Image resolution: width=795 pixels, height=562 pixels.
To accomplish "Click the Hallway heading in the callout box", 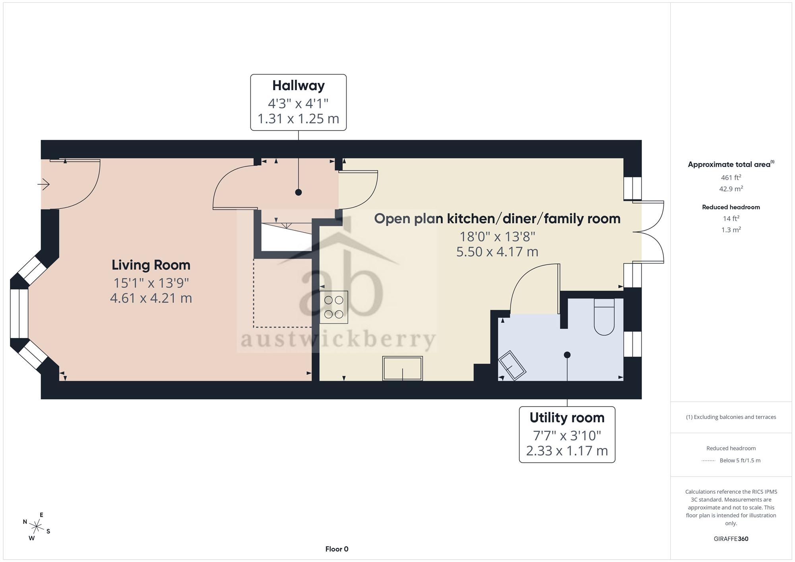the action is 298,86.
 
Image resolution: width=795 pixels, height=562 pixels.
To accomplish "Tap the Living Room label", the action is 151,265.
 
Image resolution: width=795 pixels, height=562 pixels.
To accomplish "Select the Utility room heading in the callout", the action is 567,418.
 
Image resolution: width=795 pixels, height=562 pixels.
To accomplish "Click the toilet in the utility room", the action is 604,317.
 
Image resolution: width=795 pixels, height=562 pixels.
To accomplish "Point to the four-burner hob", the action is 334,307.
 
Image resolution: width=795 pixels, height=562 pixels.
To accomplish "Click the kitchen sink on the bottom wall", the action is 402,368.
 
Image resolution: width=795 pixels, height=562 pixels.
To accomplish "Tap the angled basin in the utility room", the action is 512,366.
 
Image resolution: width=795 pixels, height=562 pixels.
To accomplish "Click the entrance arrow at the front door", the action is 43,184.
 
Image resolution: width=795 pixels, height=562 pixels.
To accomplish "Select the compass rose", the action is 37,527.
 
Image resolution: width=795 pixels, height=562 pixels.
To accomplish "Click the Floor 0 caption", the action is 337,549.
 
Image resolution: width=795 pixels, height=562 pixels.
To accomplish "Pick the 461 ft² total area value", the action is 731,178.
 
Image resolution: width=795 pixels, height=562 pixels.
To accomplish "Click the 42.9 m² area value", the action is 731,189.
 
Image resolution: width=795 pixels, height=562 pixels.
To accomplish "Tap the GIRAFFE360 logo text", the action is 731,539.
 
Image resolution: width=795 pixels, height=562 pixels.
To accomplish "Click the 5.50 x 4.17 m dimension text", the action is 497,252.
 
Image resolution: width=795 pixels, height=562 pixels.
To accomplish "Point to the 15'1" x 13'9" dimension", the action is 151,283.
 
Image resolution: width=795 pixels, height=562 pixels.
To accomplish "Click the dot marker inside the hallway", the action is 299,192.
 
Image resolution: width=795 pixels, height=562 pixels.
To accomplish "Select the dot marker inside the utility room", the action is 567,355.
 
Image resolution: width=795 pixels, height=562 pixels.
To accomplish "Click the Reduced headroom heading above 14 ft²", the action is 731,207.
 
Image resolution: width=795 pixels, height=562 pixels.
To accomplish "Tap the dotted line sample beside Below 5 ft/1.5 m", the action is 708,461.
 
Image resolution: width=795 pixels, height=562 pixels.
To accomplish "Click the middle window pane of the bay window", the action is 19,313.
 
